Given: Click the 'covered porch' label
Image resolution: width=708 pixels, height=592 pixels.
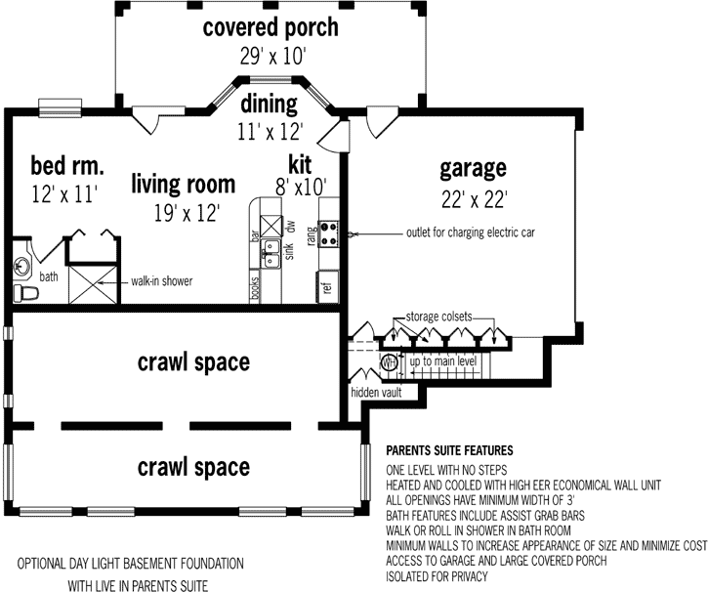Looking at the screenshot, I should [271, 26].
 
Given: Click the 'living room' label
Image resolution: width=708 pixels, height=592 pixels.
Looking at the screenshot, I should [184, 183].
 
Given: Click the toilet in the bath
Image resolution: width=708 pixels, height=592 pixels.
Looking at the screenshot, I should [26, 292].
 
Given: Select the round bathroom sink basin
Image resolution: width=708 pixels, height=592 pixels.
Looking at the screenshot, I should [22, 263].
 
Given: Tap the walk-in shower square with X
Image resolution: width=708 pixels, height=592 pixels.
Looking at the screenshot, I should [93, 282].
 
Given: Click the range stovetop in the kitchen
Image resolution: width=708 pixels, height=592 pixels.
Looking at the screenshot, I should [330, 234].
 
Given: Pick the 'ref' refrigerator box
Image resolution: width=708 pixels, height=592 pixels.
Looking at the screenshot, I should [326, 286].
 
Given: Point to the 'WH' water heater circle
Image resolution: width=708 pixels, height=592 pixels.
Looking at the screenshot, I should [388, 362].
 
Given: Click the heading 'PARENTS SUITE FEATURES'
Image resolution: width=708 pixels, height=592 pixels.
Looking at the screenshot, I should [450, 451].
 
